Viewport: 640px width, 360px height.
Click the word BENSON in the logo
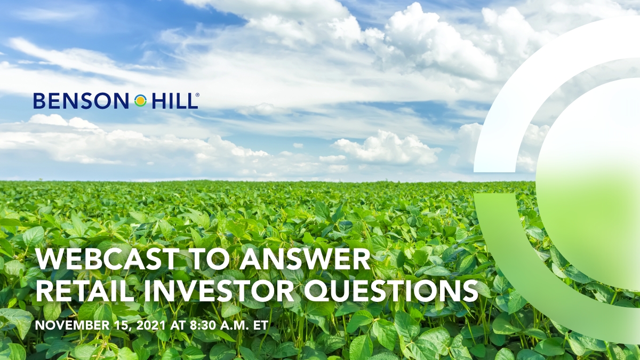point(81,101)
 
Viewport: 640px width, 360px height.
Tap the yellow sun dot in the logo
point(140,101)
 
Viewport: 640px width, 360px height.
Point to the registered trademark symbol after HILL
point(197,95)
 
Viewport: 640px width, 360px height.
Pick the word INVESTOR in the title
point(219,292)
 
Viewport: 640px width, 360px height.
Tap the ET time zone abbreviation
point(260,325)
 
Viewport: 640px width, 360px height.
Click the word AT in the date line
point(178,325)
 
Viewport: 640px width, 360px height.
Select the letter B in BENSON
point(39,101)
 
